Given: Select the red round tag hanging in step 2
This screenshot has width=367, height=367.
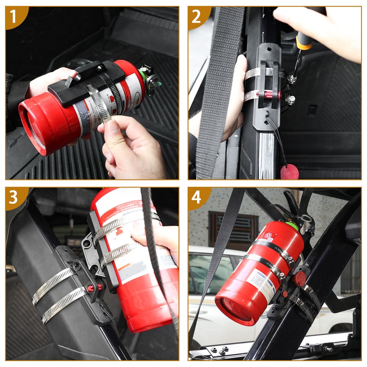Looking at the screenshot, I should tap(290, 172).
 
